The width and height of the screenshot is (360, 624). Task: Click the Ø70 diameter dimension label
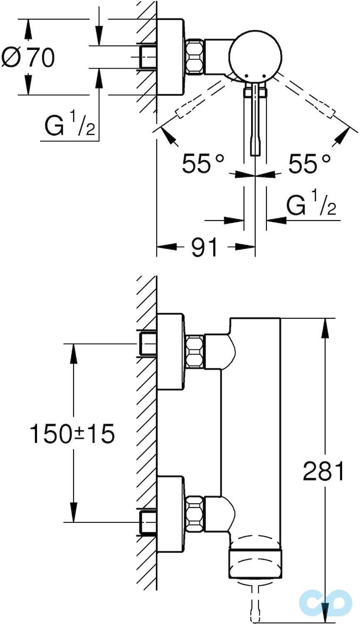28,57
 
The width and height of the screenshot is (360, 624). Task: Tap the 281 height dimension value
324,471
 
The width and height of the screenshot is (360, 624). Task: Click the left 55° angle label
203,163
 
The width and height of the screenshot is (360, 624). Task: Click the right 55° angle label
310,163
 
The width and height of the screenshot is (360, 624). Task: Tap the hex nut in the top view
195,57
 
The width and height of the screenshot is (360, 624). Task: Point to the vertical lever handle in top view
255,121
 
